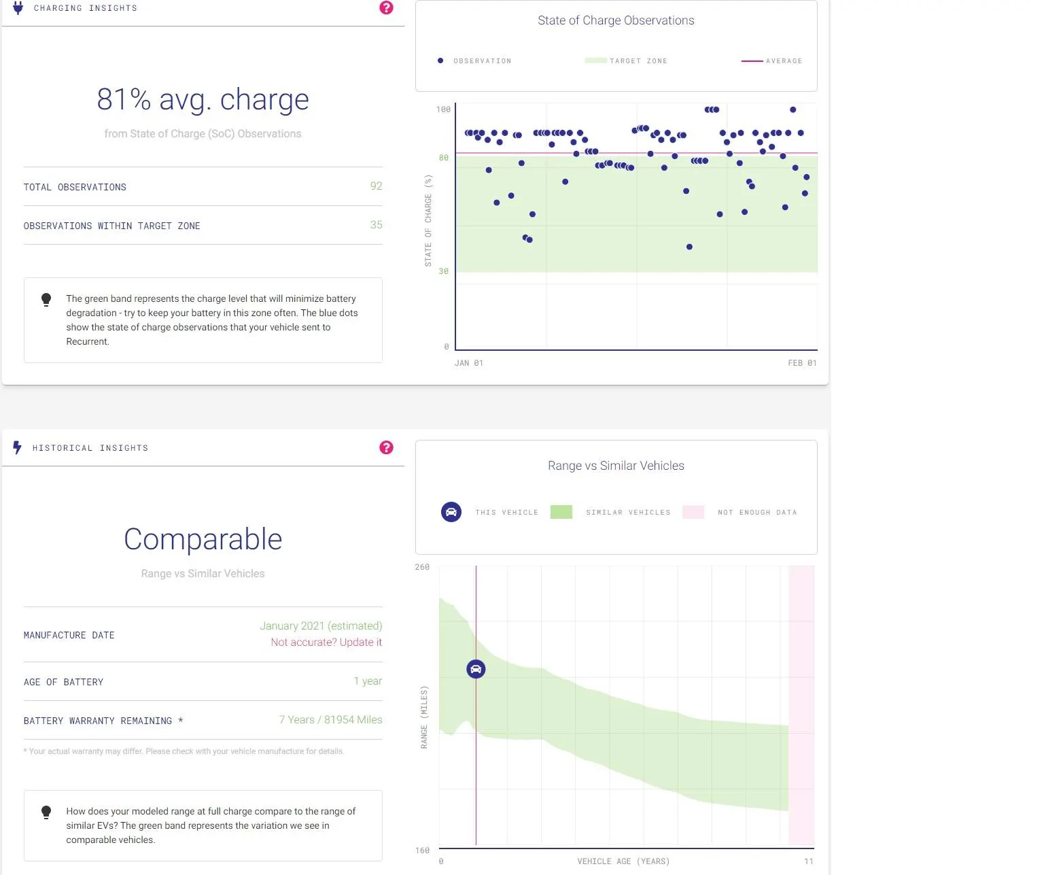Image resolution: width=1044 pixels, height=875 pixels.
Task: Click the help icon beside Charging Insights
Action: tap(386, 7)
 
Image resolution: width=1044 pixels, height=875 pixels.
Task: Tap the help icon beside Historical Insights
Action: tap(386, 447)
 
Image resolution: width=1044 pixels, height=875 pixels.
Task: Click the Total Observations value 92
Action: tap(376, 186)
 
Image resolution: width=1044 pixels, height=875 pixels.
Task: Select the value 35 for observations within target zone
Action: tap(376, 225)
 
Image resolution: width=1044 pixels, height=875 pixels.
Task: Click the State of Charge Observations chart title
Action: tap(616, 20)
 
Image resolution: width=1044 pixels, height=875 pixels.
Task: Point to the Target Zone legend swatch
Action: tap(595, 61)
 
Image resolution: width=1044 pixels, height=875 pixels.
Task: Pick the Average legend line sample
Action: tap(752, 61)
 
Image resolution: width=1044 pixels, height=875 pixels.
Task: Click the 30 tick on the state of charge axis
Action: tap(443, 271)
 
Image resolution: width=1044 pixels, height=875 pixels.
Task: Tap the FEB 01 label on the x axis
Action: tap(802, 362)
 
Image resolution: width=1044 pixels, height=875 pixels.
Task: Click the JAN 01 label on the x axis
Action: tap(468, 362)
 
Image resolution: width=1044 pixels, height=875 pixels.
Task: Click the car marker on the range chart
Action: tap(476, 669)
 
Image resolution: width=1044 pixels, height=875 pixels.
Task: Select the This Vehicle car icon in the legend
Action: tap(451, 512)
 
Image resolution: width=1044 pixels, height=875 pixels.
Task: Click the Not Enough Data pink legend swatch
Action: tap(693, 512)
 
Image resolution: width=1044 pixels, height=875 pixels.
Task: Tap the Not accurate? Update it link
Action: tap(326, 642)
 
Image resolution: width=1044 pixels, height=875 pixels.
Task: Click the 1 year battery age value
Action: tap(368, 681)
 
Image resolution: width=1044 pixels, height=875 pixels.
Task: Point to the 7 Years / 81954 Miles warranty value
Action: tap(330, 719)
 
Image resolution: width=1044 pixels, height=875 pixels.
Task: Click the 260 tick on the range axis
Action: tap(422, 567)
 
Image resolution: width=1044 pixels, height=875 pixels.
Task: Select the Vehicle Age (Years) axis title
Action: tap(623, 861)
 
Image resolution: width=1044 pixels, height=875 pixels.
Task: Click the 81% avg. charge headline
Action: tap(203, 99)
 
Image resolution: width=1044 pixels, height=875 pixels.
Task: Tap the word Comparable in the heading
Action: tap(203, 539)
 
